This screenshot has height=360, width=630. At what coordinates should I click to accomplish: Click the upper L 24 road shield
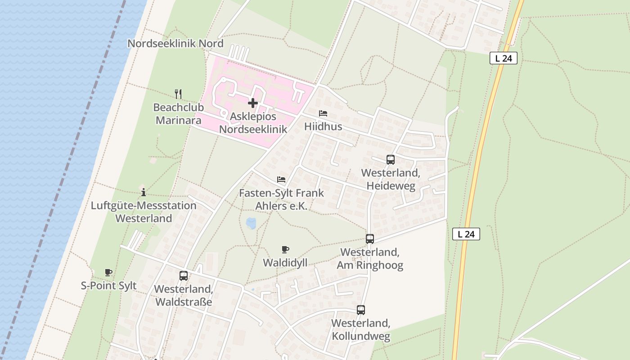click(x=504, y=58)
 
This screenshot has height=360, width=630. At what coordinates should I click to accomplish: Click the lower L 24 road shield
click(x=466, y=234)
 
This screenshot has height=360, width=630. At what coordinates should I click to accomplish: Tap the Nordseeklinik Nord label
click(x=175, y=44)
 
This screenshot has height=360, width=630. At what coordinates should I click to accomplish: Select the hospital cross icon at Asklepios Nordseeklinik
click(x=253, y=103)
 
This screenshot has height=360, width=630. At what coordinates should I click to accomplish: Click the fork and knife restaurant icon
click(x=179, y=94)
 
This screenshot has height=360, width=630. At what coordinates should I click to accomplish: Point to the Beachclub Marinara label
click(x=179, y=114)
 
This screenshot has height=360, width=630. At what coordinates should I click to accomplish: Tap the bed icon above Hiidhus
click(x=323, y=113)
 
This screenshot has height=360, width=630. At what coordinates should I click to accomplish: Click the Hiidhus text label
click(x=323, y=126)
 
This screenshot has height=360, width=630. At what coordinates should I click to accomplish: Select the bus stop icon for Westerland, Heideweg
click(x=391, y=159)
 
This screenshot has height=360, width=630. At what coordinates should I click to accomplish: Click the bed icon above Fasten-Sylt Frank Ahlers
click(x=281, y=180)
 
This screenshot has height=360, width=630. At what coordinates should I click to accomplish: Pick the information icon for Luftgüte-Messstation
click(x=144, y=192)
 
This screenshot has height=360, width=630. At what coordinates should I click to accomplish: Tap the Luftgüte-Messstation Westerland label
click(x=144, y=212)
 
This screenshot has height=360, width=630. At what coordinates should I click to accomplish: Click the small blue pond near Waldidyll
click(x=251, y=222)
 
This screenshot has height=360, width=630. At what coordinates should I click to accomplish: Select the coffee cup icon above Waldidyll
click(x=285, y=249)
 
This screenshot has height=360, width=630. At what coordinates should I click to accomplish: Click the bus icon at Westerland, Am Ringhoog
click(x=370, y=239)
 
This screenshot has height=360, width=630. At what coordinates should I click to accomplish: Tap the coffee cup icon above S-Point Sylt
click(x=108, y=272)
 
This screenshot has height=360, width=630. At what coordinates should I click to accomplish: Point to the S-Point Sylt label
click(x=108, y=286)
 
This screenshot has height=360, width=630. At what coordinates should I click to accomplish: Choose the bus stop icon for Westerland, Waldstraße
click(x=184, y=276)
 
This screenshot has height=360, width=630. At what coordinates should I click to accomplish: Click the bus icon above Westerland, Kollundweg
click(x=361, y=310)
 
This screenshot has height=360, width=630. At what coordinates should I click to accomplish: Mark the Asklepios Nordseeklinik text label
click(x=253, y=123)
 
